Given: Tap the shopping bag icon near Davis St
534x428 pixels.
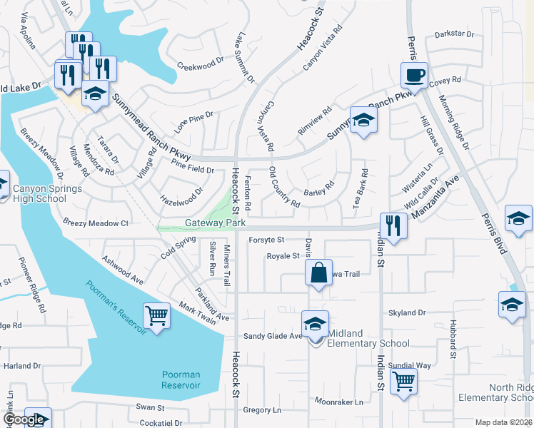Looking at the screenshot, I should click(x=318, y=272).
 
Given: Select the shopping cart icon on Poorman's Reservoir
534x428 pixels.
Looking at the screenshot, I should click(x=156, y=315).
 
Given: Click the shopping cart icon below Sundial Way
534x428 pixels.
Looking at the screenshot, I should click(x=404, y=383).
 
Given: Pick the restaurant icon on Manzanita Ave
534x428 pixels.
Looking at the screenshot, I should click(x=393, y=225).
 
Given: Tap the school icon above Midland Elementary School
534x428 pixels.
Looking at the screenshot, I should click(x=315, y=323).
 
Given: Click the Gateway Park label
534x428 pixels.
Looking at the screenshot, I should click(x=215, y=223).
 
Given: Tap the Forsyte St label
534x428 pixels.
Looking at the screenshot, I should click(x=266, y=240).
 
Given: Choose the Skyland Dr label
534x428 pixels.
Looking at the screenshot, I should click(x=407, y=312).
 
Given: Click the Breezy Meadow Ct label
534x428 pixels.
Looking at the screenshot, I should click(x=95, y=223).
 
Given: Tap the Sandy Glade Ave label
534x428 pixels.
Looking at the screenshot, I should click(x=273, y=336).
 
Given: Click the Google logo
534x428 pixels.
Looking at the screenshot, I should click(x=24, y=419).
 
